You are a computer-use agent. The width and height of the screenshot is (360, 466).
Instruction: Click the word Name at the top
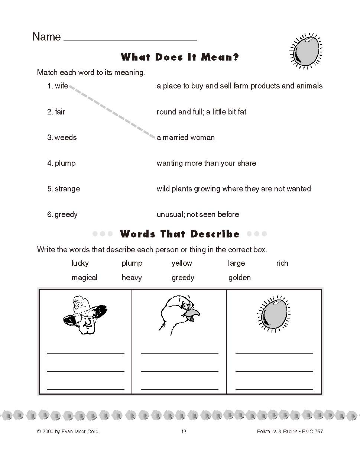pos(46,37)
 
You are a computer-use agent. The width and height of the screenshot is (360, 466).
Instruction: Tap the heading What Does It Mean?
pos(180,57)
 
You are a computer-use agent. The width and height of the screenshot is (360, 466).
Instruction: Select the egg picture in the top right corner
pos(305,51)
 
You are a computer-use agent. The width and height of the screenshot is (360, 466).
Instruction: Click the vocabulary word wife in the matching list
pos(61,86)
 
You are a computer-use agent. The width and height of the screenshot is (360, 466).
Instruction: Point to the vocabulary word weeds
pos(65,137)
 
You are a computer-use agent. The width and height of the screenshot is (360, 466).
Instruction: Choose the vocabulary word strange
pos(67,189)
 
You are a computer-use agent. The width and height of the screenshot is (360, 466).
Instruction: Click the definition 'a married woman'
pos(186,137)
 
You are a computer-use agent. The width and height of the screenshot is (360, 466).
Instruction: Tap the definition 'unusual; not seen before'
pos(198,214)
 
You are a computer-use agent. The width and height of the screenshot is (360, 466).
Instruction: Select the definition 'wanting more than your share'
pos(206,163)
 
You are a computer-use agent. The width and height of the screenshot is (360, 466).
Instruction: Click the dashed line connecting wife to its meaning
pos(111,111)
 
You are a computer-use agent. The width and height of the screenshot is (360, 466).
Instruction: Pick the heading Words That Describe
pos(180,234)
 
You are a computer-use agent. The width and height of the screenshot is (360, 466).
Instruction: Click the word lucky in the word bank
pos(80,263)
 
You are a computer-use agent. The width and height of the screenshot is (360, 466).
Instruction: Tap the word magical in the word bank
pos(84,278)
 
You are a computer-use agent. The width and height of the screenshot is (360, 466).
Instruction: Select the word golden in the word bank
pos(240,278)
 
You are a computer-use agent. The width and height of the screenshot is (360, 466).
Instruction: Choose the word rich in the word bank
pos(282,263)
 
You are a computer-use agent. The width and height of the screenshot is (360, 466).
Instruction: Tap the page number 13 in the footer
pos(184,431)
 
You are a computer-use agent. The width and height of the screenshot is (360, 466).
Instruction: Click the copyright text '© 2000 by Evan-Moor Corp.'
pos(68,431)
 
